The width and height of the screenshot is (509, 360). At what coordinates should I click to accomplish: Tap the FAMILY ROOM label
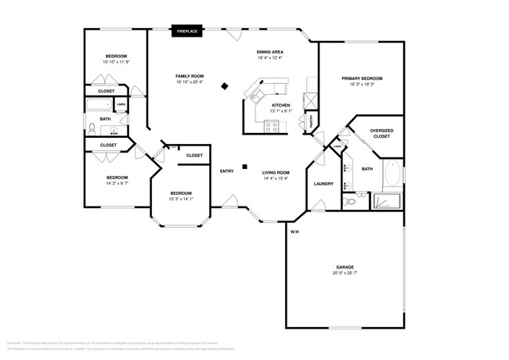click(190, 76)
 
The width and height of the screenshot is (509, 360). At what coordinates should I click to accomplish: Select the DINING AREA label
click(269, 52)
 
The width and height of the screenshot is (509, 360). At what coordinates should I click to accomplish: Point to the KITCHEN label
click(281, 105)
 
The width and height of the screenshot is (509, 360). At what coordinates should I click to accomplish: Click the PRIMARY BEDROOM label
click(362, 78)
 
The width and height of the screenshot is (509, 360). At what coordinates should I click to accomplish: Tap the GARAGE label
click(345, 267)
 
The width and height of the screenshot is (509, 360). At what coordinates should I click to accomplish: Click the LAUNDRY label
click(323, 184)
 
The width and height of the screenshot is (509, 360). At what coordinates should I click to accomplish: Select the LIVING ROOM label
click(276, 172)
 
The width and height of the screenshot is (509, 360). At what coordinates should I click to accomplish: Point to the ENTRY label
click(227, 171)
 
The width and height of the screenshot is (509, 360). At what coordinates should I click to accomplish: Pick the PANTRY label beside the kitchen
click(311, 121)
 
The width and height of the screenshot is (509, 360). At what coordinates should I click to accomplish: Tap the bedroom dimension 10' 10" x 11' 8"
click(116, 62)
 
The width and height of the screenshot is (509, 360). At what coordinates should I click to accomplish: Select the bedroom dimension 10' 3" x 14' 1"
click(181, 199)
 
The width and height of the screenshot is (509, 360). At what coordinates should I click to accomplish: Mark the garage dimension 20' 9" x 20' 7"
click(345, 273)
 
